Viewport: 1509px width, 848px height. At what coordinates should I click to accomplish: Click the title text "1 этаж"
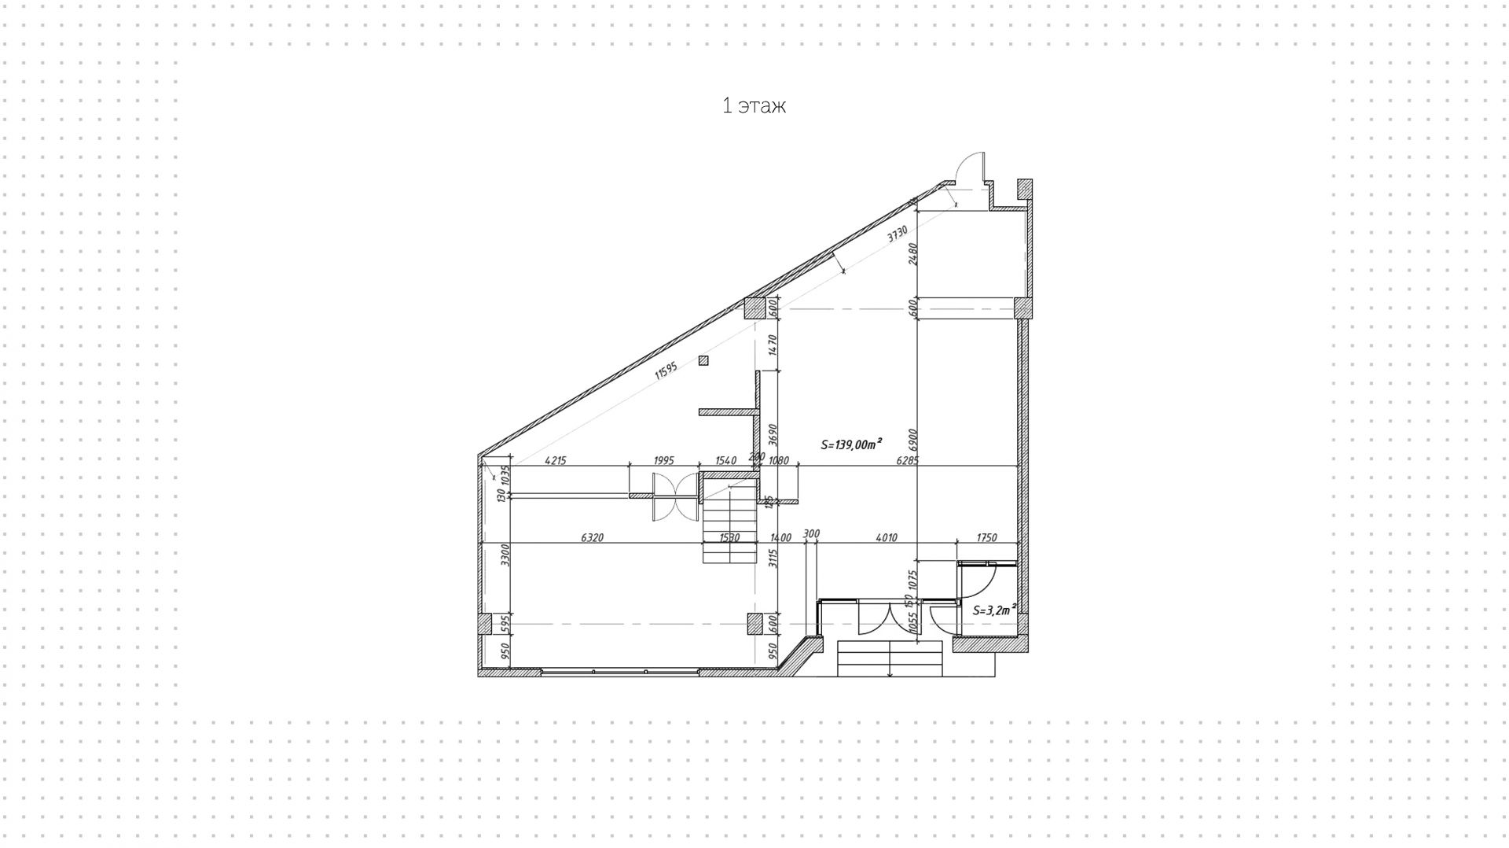(x=754, y=106)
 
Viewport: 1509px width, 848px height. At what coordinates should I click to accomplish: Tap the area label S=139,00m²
(x=850, y=444)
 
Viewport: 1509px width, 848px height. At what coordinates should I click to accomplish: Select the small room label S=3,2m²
(x=994, y=610)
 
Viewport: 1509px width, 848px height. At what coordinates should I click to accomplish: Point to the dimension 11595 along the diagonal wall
(x=666, y=371)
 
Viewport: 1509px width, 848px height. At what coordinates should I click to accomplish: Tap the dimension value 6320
(x=592, y=538)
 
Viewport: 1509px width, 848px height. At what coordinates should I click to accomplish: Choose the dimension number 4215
(x=556, y=461)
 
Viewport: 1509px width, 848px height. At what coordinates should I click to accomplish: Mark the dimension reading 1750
(x=986, y=538)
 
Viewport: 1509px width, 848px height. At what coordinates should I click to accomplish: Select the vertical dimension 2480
(x=912, y=253)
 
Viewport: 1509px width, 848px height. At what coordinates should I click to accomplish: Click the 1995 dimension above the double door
(x=664, y=461)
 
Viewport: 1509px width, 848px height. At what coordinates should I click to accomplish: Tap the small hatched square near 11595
(x=703, y=361)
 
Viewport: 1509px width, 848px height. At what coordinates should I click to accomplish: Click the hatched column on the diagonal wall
(x=754, y=308)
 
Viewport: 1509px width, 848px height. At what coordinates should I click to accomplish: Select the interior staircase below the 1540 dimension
(x=729, y=523)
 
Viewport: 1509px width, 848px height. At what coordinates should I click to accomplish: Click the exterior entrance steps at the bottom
(x=889, y=658)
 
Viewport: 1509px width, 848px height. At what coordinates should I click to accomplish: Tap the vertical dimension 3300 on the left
(x=506, y=555)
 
